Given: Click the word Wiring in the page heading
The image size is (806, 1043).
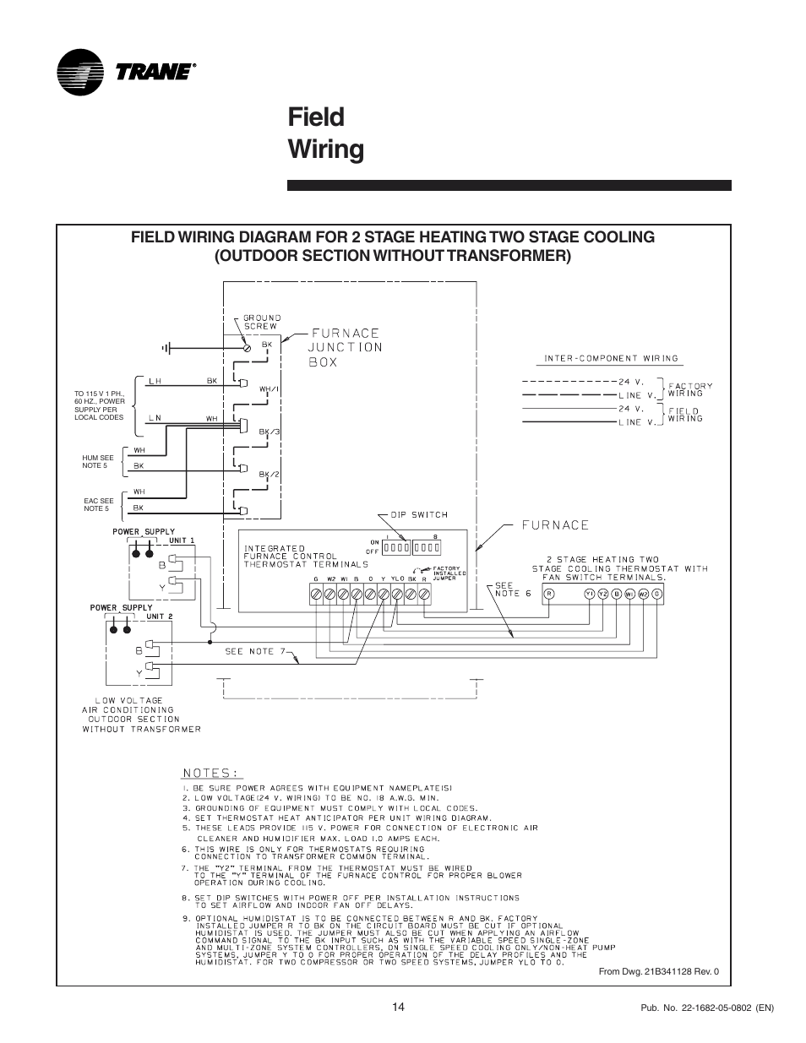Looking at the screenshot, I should pyautogui.click(x=326, y=149).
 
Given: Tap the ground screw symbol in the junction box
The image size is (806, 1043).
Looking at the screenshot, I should pyautogui.click(x=247, y=347).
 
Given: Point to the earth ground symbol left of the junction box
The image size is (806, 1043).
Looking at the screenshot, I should pyautogui.click(x=166, y=347).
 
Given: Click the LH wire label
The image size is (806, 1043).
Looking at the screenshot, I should pyautogui.click(x=155, y=381).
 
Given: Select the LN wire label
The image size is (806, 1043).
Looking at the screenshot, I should pyautogui.click(x=155, y=417).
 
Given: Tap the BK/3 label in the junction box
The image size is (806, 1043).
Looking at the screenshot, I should pyautogui.click(x=269, y=432).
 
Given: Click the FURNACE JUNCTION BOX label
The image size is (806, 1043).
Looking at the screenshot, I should pyautogui.click(x=344, y=347).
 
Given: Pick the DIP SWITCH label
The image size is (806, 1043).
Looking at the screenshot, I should pyautogui.click(x=419, y=514).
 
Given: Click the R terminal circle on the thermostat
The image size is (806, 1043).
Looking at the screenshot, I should pyautogui.click(x=549, y=594).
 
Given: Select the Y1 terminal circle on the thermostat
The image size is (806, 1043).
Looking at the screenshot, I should pyautogui.click(x=590, y=594).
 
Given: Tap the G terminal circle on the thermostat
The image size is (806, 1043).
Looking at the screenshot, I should pyautogui.click(x=656, y=594).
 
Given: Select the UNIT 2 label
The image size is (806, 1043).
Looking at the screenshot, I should pyautogui.click(x=159, y=616).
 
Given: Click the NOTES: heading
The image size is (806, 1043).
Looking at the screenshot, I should pyautogui.click(x=212, y=772).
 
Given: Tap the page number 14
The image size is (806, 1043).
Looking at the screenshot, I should pyautogui.click(x=398, y=1005).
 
